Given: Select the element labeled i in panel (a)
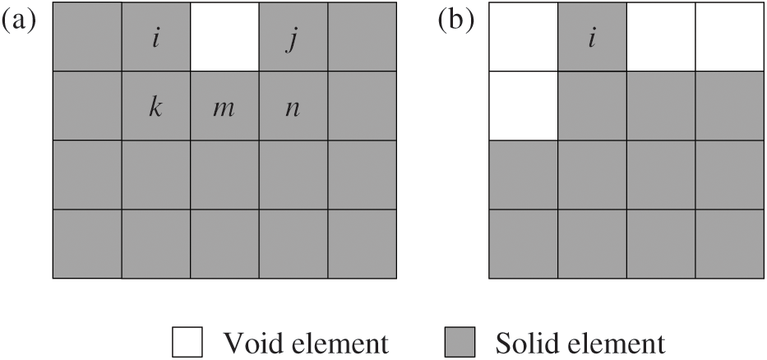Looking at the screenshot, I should tap(155, 37).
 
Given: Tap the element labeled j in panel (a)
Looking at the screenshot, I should tap(293, 37).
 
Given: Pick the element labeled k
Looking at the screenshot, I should tap(155, 106).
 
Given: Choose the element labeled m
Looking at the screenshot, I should tap(224, 106).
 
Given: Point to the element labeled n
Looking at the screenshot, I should tap(293, 106).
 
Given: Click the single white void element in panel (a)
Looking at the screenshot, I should tap(224, 37).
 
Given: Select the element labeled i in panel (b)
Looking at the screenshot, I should tap(591, 37).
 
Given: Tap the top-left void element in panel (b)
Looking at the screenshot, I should tap(523, 37).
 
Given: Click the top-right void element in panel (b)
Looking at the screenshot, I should tap(728, 37).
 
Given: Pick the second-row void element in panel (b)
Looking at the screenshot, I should tap(523, 106).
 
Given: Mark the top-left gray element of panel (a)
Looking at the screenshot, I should tap(87, 37).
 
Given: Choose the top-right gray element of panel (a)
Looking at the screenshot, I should tap(361, 37).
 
